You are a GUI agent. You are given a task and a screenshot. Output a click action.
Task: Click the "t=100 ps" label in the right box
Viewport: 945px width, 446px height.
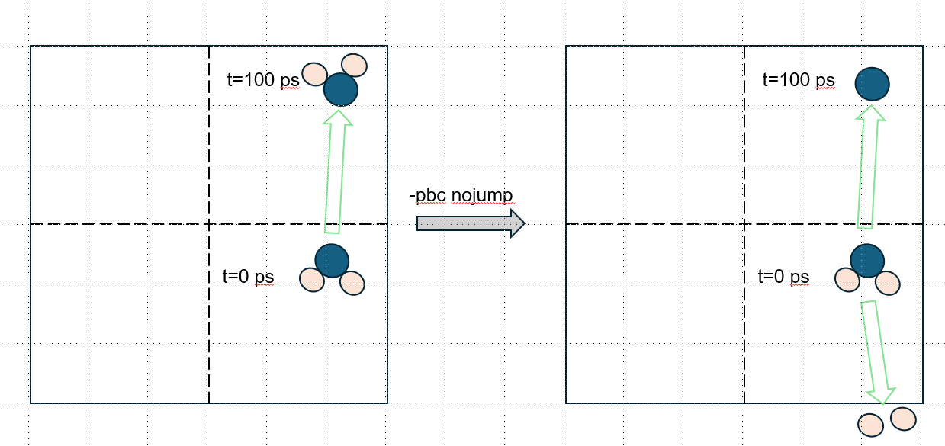pyautogui.click(x=799, y=80)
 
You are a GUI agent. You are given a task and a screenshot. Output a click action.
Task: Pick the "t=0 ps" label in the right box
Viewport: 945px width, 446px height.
pyautogui.click(x=783, y=277)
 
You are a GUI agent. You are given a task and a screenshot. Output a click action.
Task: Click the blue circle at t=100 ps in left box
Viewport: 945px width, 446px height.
pyautogui.click(x=341, y=90)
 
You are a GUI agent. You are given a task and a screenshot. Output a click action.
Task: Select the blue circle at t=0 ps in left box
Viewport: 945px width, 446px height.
pyautogui.click(x=332, y=260)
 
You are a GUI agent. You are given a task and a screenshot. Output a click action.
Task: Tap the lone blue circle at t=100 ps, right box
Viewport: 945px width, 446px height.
pyautogui.click(x=872, y=84)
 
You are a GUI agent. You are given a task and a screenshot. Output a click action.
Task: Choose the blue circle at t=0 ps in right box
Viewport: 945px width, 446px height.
pyautogui.click(x=867, y=260)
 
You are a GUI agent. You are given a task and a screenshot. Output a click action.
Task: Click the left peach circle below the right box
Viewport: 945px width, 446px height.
pyautogui.click(x=870, y=425)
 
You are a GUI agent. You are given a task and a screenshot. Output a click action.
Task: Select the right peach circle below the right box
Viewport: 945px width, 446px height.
pyautogui.click(x=902, y=419)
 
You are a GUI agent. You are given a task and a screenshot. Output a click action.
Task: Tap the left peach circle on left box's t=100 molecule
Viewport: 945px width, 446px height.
pyautogui.click(x=315, y=73)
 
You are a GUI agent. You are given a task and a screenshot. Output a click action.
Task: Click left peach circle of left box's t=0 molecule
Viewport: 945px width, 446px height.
pyautogui.click(x=311, y=279)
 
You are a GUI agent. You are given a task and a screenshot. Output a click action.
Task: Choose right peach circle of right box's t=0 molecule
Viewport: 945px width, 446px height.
pyautogui.click(x=888, y=283)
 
